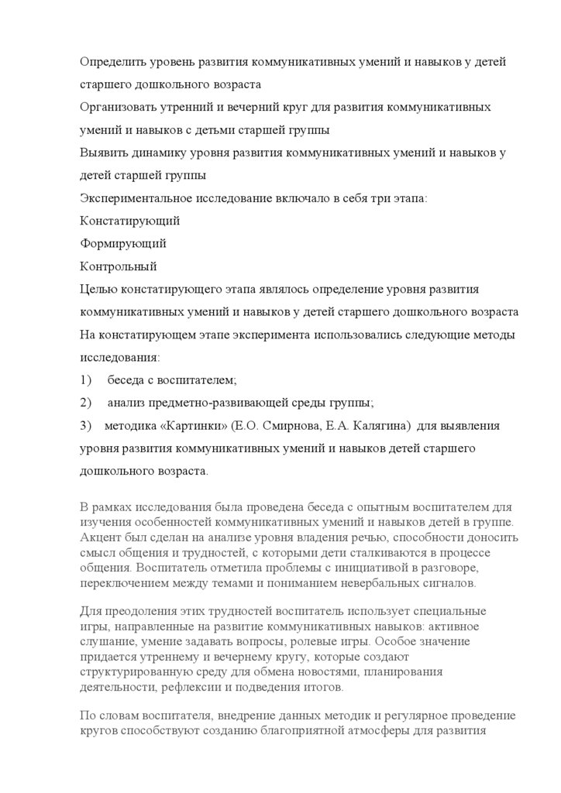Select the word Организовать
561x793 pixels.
pos(119,107)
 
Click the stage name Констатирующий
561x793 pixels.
pos(130,221)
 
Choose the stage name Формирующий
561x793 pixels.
pos(123,243)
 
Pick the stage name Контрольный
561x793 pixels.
pos(119,266)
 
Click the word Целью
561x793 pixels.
pos(98,289)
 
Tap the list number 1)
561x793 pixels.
pos(86,380)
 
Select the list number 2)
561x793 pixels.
pos(86,403)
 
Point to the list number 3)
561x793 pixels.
pos(86,426)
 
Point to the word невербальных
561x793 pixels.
pos(376,582)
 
